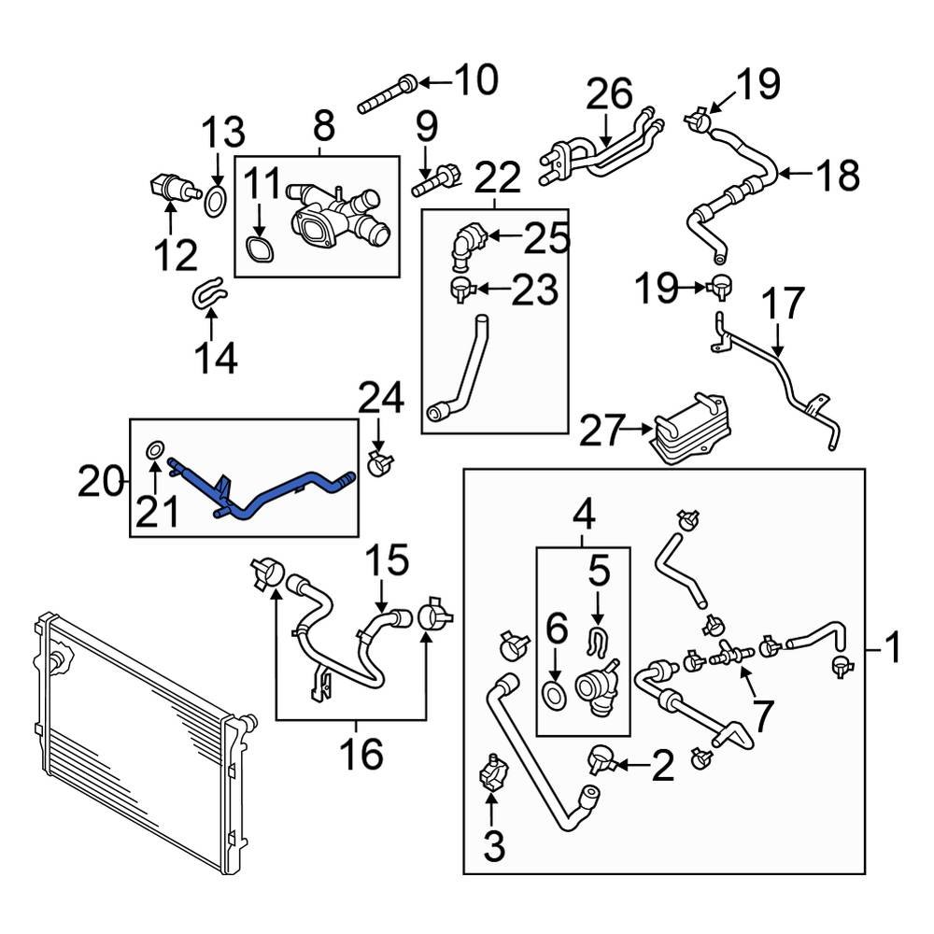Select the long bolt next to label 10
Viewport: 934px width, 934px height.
(x=386, y=94)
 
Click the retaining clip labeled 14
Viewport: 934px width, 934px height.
(x=209, y=292)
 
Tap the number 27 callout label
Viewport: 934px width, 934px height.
(x=612, y=432)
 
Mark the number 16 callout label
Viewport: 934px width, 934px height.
(x=360, y=754)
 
